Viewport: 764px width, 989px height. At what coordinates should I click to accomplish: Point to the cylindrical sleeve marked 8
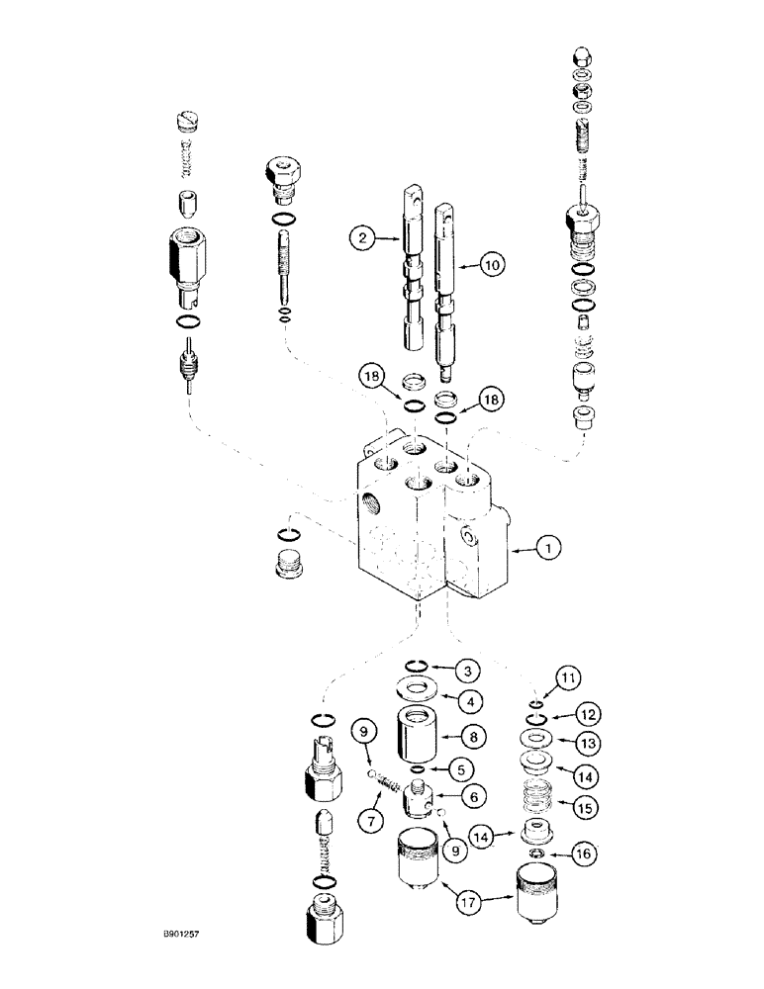425,736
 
